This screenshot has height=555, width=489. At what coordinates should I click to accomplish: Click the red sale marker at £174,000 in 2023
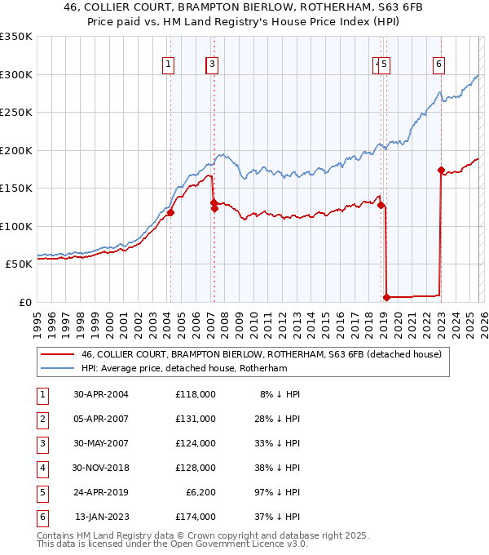pyautogui.click(x=441, y=171)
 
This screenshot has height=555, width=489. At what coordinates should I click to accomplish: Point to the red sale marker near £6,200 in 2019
pyautogui.click(x=386, y=297)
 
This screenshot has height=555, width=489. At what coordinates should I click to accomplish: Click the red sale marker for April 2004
pyautogui.click(x=171, y=213)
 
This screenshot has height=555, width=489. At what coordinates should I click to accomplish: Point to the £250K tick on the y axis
pyautogui.click(x=17, y=112)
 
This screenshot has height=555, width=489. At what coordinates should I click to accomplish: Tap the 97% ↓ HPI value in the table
pyautogui.click(x=276, y=492)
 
